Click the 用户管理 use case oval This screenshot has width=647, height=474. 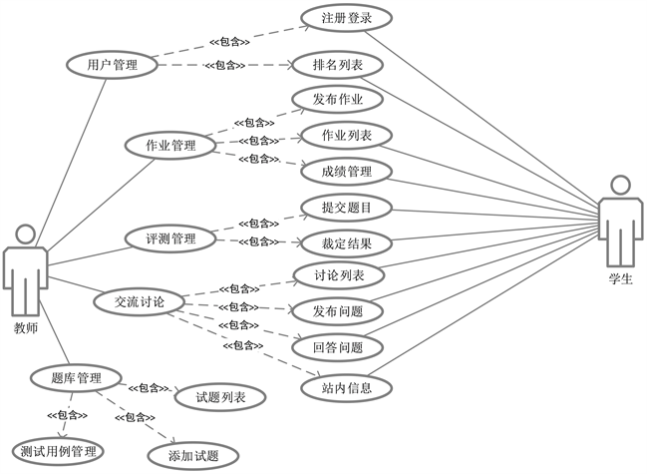[x=112, y=65]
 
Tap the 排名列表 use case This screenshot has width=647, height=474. [x=340, y=67]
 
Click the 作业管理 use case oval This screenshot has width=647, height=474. [x=170, y=146]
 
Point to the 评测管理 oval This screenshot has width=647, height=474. [x=170, y=239]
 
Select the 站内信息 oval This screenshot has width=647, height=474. [x=346, y=387]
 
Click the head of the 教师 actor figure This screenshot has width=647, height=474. [x=26, y=235]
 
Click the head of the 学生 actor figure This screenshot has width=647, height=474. [x=620, y=186]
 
